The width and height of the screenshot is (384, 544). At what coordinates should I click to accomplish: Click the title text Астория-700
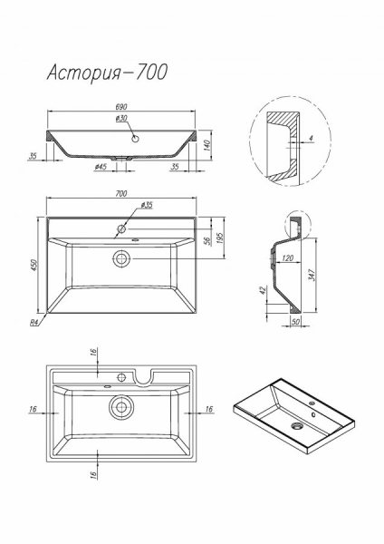point(107,73)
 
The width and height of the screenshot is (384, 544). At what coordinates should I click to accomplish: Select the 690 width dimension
point(121,107)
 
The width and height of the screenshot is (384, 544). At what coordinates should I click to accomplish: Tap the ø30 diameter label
point(121,118)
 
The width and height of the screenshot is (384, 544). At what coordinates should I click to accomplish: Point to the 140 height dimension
point(206,145)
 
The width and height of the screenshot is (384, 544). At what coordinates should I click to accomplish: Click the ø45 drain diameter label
point(101,167)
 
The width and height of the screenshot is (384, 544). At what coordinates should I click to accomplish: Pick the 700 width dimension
point(121,194)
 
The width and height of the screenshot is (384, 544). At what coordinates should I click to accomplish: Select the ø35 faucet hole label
point(147,205)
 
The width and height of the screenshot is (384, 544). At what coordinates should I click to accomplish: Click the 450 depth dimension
point(34,265)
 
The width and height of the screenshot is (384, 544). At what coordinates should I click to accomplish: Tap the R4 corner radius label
point(34,323)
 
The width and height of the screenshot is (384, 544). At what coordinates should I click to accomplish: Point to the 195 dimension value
point(220,238)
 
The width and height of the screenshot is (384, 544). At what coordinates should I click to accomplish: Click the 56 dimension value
point(207,241)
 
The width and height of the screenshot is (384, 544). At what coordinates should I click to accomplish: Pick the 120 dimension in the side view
point(287,257)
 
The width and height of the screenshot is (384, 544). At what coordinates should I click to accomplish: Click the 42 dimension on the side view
point(263,290)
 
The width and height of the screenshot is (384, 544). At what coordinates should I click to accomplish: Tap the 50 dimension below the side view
point(295,322)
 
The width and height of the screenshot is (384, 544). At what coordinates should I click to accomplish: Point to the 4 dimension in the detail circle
point(311,138)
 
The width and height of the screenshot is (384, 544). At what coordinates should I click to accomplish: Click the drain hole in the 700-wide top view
point(121,258)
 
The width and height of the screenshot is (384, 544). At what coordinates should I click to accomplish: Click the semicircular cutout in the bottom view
point(142,378)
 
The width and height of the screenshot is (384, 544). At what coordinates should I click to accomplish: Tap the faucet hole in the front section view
point(135,139)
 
